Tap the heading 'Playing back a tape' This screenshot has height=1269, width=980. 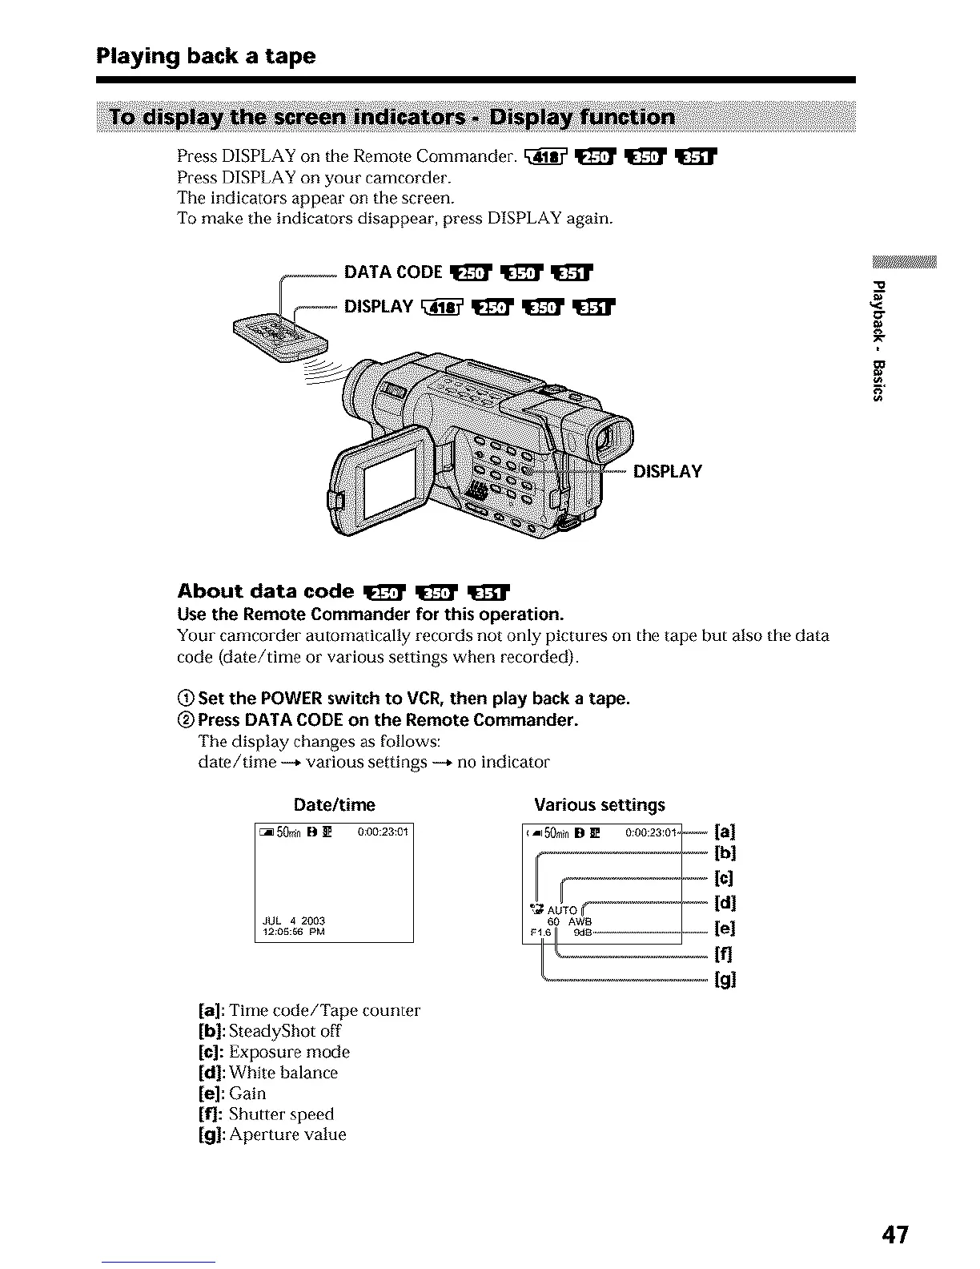point(206,56)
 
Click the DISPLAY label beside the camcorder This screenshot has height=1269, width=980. point(667,472)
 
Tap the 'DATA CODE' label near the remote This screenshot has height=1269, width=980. point(392,272)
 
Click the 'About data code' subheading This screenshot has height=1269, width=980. point(265,591)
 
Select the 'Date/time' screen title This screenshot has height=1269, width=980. point(334,804)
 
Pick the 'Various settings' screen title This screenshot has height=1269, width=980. point(599,804)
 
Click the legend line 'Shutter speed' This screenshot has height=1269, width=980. point(281,1114)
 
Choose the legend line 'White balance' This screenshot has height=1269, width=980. point(283,1073)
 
